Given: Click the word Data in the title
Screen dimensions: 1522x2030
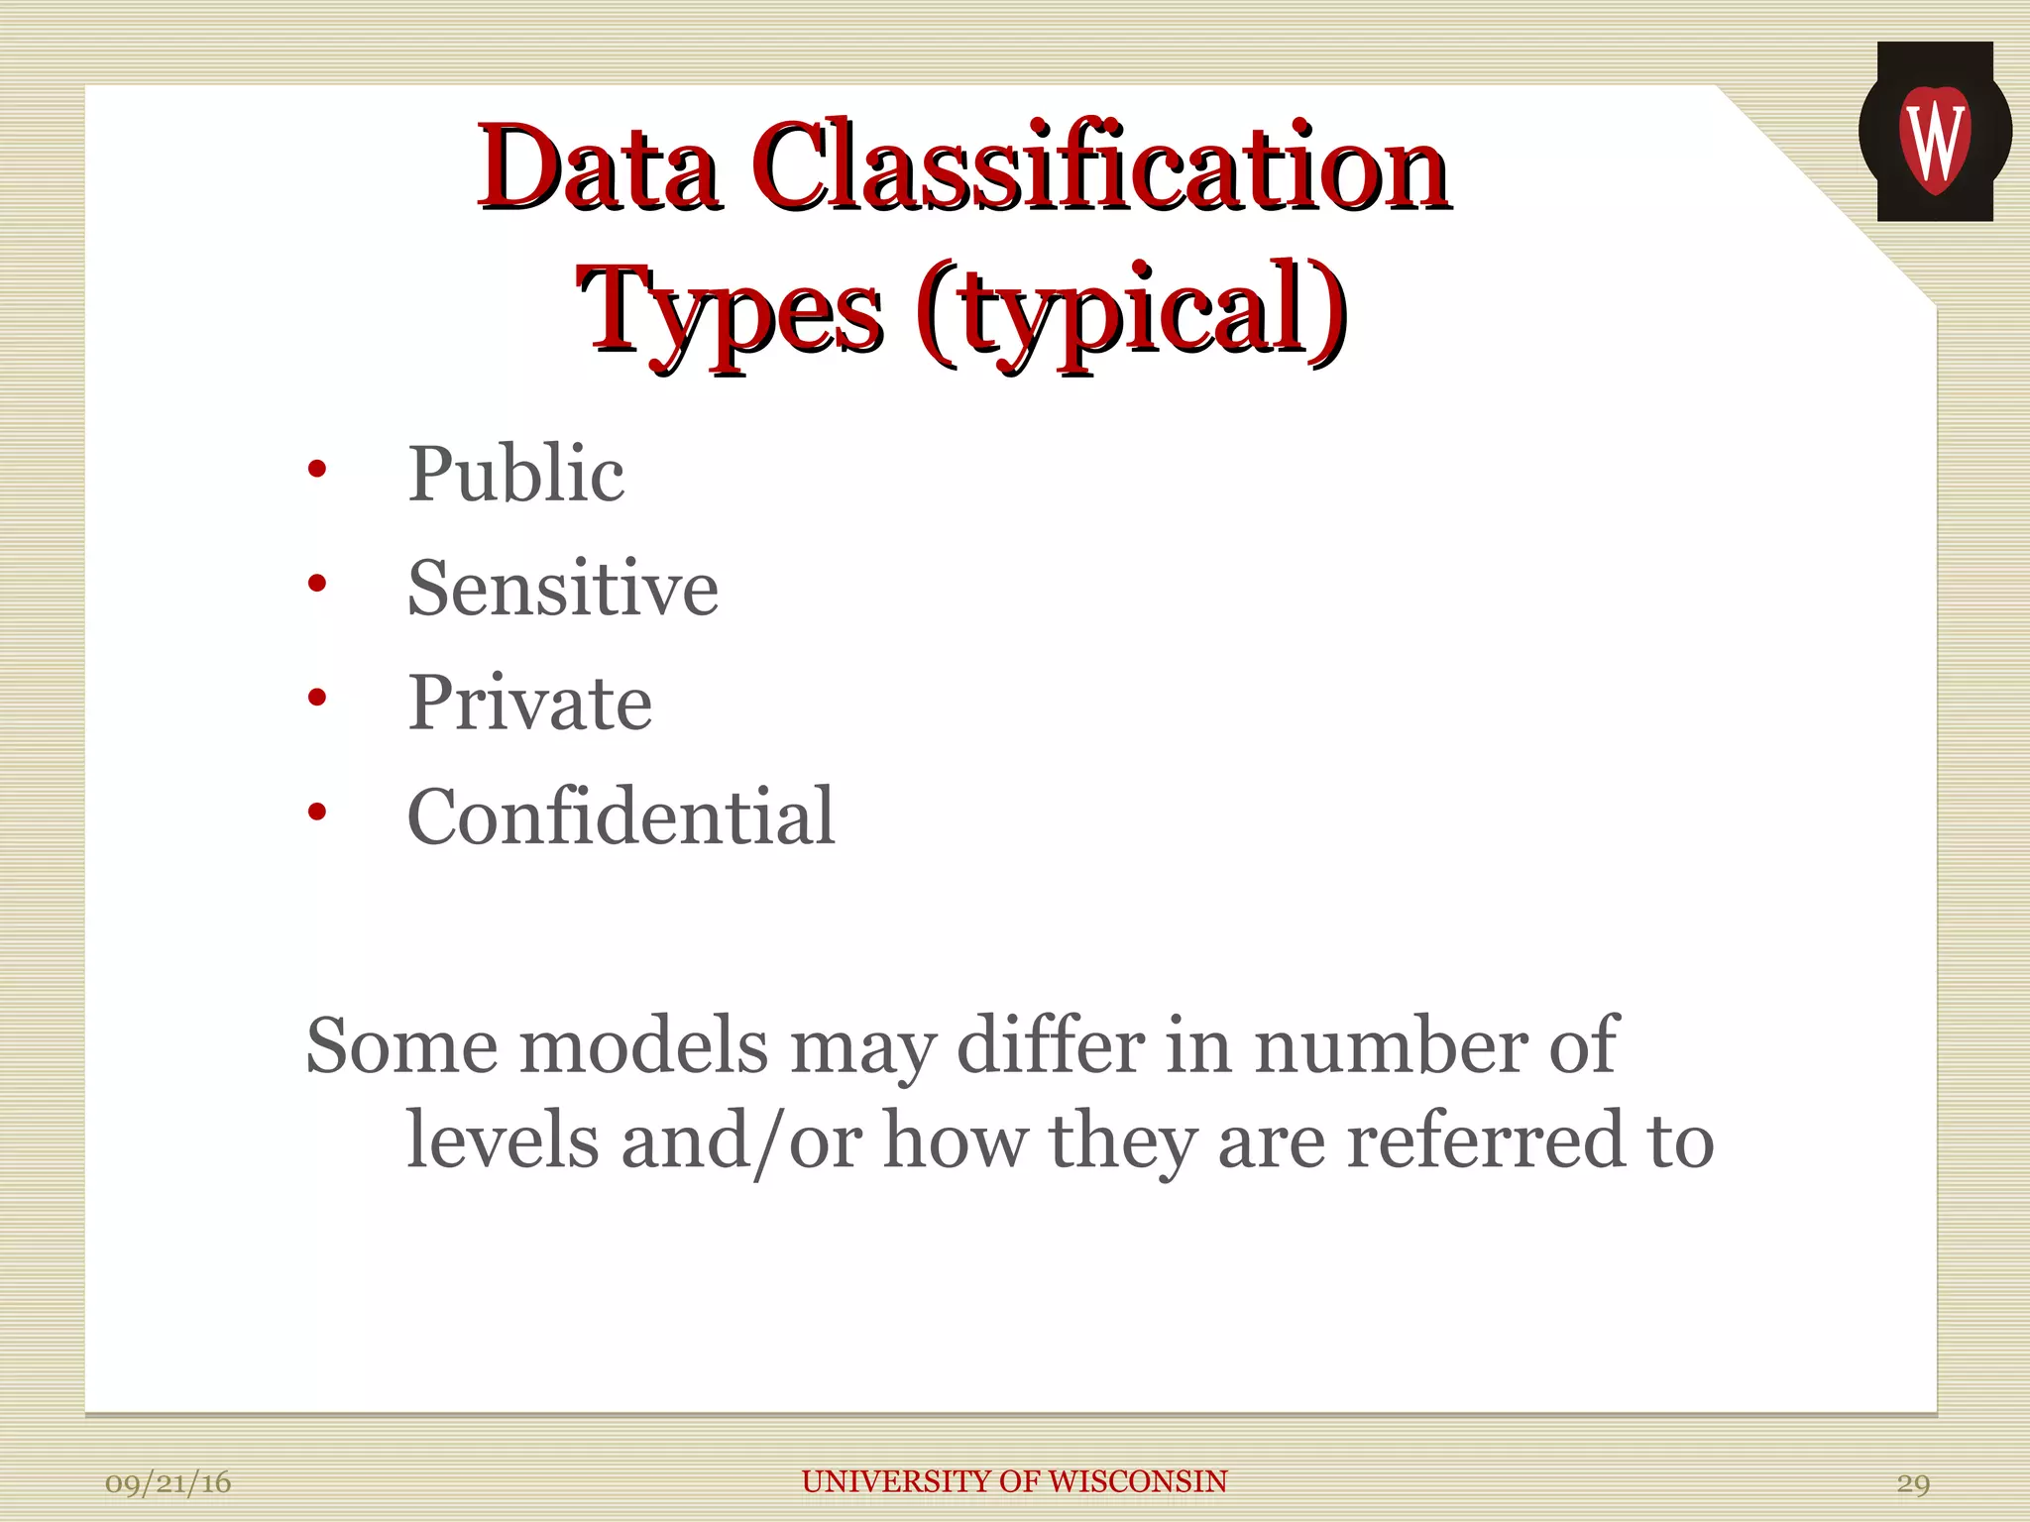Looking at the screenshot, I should [x=598, y=168].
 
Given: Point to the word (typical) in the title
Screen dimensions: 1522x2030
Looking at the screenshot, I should [x=1130, y=312].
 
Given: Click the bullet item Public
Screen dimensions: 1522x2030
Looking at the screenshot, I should [x=515, y=474].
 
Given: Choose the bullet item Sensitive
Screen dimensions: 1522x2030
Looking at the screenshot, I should [x=563, y=589].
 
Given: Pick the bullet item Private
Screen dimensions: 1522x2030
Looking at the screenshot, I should [x=530, y=703].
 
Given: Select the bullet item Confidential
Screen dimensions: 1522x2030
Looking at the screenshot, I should [x=621, y=816].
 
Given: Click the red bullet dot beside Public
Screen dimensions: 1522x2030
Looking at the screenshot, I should [x=316, y=469].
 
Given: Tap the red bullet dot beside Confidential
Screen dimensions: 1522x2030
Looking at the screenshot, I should [x=316, y=813].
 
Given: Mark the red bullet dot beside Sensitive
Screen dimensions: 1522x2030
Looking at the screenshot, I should [x=316, y=584].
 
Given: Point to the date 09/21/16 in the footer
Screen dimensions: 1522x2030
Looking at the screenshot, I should [x=168, y=1483].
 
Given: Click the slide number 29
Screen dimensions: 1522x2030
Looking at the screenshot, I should [x=1913, y=1483].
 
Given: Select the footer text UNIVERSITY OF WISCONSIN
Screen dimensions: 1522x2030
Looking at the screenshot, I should [x=1014, y=1481].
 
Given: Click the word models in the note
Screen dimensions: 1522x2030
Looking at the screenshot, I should [x=644, y=1046].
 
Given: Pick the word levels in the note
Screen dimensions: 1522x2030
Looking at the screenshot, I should [x=504, y=1141].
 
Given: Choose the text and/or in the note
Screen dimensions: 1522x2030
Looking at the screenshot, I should [x=741, y=1141].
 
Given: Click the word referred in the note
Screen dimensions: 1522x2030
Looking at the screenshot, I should [x=1486, y=1141].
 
